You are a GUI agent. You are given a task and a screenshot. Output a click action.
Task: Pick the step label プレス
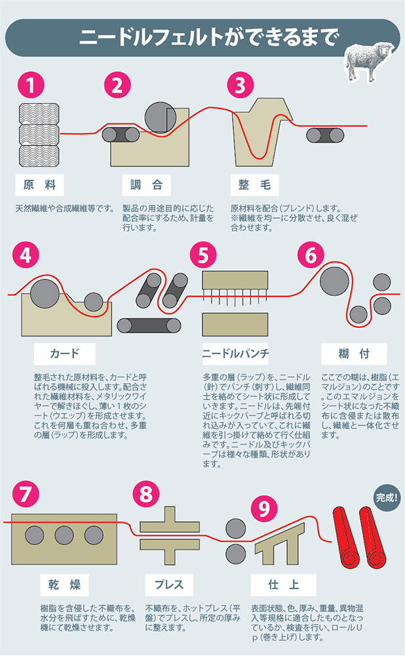[169, 584]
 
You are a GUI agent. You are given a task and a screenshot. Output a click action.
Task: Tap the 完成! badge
[386, 497]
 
